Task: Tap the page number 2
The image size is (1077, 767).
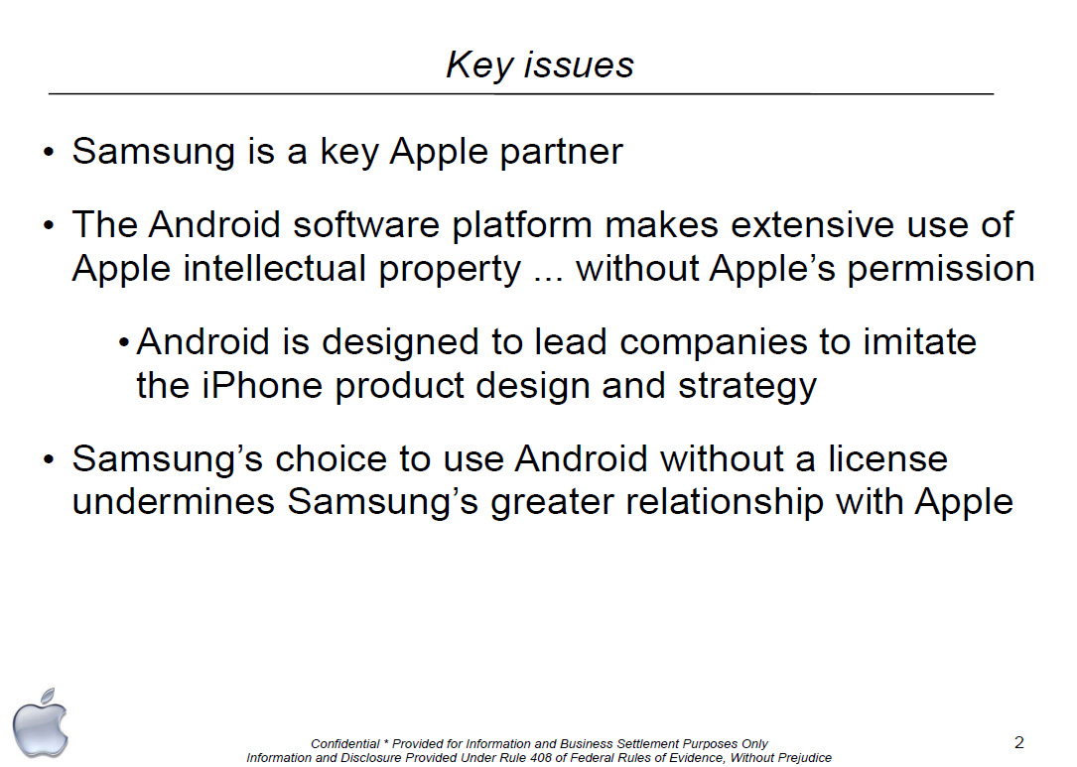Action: (x=1018, y=742)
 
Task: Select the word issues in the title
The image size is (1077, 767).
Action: (x=579, y=65)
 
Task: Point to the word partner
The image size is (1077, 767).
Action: (x=561, y=153)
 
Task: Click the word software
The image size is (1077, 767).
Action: (x=366, y=224)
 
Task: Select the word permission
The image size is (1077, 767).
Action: (x=941, y=269)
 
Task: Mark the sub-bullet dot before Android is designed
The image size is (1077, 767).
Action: (x=124, y=342)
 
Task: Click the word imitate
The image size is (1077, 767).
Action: (x=919, y=342)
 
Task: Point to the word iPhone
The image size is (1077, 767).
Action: (x=262, y=385)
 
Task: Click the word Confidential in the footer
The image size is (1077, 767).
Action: (x=344, y=743)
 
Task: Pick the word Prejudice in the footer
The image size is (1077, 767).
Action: (x=804, y=758)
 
